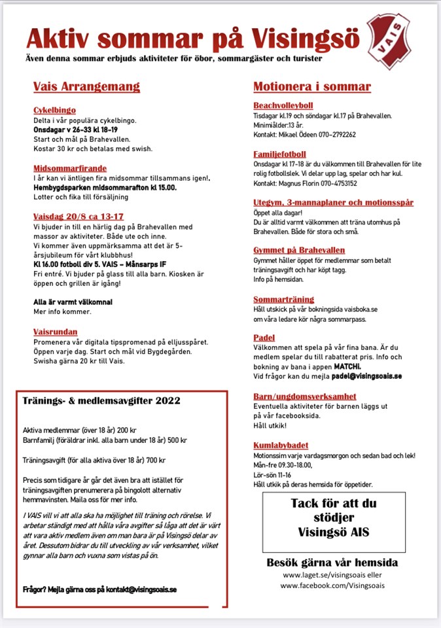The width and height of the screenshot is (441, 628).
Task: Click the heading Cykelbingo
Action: tap(54, 111)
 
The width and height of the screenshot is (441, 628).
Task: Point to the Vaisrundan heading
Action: tap(55, 332)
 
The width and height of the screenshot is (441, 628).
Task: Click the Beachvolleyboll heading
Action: tap(283, 105)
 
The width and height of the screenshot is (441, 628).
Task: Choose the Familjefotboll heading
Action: tap(279, 154)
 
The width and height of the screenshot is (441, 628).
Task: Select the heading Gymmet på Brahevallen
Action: tap(299, 251)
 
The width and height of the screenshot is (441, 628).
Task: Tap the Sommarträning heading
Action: tap(283, 299)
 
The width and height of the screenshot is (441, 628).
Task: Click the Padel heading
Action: tap(264, 338)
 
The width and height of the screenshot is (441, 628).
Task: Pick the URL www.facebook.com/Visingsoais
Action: tap(331, 586)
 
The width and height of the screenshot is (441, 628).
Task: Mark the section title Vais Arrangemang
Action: tap(86, 87)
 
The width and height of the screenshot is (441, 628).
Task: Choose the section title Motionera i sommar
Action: tap(311, 87)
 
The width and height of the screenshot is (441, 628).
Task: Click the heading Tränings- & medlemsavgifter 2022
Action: tap(101, 400)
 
